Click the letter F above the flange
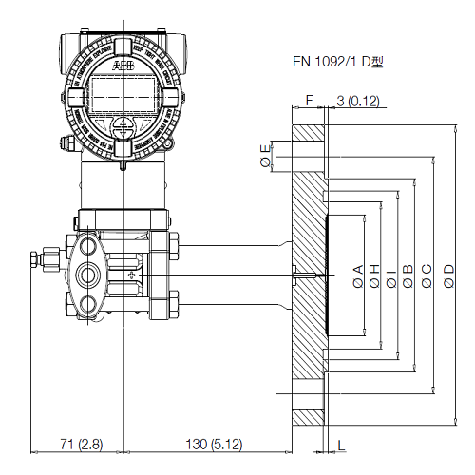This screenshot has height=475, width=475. coord(309,100)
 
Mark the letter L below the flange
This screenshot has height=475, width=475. coord(341,444)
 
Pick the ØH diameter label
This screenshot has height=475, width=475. coord(374,275)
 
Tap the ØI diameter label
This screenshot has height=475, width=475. coord(390,275)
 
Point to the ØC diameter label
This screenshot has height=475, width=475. coord(427,275)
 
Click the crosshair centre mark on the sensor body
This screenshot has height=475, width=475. coord(130,275)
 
